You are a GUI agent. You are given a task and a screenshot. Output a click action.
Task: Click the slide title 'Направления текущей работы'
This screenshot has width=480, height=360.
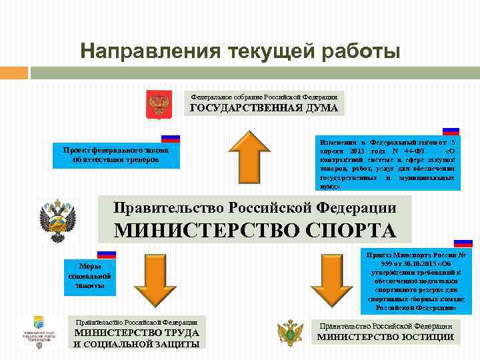[x=240, y=51]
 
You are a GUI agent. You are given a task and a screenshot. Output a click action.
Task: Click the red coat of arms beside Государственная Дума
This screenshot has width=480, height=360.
[x=159, y=104]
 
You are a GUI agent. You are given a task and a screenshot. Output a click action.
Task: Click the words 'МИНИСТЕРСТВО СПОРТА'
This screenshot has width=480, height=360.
[x=255, y=230]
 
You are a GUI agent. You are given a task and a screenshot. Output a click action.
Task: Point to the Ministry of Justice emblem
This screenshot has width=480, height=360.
[x=291, y=331]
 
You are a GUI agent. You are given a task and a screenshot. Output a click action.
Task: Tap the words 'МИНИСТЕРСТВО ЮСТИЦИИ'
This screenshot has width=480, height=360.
[x=385, y=337]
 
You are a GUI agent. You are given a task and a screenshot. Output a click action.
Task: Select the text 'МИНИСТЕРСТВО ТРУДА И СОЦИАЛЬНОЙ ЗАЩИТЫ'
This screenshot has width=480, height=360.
[x=137, y=339]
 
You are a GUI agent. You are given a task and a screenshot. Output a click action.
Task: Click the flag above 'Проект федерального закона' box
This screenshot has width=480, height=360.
[x=171, y=138]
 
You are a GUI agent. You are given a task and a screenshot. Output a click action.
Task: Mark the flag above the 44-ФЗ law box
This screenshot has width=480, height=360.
[x=451, y=132]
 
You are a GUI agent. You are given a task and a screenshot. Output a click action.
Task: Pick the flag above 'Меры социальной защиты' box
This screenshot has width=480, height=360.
[x=107, y=254]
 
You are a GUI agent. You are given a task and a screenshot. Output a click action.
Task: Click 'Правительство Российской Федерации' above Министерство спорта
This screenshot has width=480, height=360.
[x=255, y=207]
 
